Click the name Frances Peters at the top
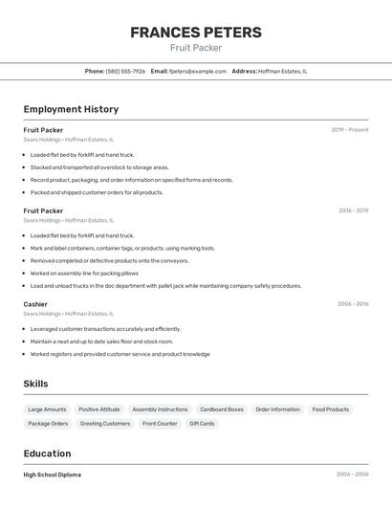pos(196,33)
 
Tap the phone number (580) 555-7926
pos(125,71)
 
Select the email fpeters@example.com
pos(191,71)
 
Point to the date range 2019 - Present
pos(349,130)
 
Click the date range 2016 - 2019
pos(353,210)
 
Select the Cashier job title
pos(35,304)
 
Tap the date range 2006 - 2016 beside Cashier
pos(352,304)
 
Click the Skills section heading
pos(35,384)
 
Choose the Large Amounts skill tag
pos(48,409)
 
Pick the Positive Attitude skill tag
pos(99,409)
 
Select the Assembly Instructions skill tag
pos(160,409)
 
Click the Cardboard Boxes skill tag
pos(222,409)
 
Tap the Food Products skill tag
pos(330,409)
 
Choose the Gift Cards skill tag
pos(202,423)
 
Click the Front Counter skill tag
pos(160,423)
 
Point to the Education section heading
pos(47,453)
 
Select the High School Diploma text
pos(53,474)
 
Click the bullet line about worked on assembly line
pos(84,273)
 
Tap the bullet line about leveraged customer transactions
pos(105,329)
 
